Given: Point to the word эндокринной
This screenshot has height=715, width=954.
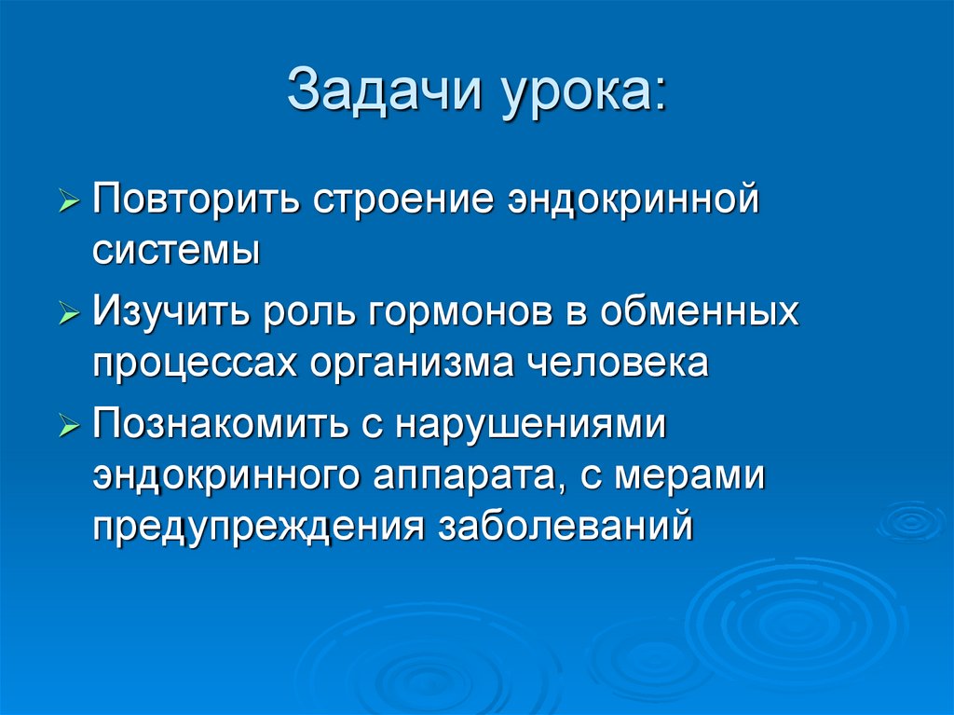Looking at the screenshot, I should coord(634,202).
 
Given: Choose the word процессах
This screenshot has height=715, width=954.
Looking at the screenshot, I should coord(190,362).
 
